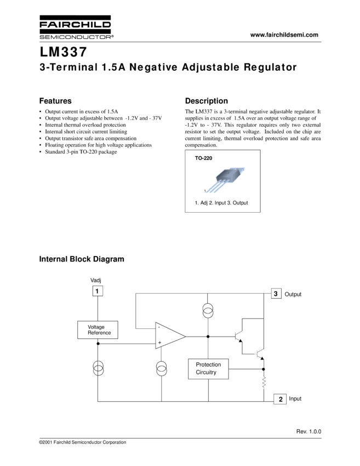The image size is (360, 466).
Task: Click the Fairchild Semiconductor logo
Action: coord(76,27)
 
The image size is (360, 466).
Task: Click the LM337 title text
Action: coord(62,53)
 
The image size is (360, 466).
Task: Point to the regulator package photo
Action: coord(225,179)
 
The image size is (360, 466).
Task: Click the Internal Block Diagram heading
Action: coord(82,259)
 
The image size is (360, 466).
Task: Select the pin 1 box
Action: coord(97,291)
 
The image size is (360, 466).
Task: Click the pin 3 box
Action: coord(276,294)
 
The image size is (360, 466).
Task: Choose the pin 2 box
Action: coord(281,399)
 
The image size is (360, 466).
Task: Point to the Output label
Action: coord(293,294)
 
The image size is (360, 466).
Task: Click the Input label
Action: coord(295,399)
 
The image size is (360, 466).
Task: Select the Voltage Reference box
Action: coord(98,330)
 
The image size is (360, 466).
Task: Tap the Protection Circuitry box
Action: coord(208,368)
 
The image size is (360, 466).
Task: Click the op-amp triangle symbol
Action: coord(169,336)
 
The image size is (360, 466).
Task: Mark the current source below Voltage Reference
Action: coord(98,369)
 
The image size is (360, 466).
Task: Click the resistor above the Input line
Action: coord(264,382)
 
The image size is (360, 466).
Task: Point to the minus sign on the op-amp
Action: coord(159,328)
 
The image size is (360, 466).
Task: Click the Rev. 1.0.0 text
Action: coord(308,432)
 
